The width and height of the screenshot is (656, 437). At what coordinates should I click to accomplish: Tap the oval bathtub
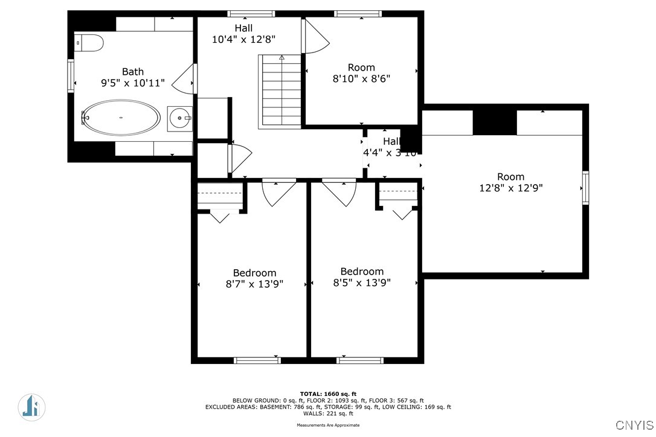tap(121, 118)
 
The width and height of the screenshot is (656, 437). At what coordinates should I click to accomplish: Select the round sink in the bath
tap(179, 118)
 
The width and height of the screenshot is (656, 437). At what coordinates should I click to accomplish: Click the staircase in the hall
tap(280, 91)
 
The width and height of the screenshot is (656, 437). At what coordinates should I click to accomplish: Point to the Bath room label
tap(133, 72)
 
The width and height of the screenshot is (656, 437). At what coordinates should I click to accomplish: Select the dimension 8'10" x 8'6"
tap(361, 78)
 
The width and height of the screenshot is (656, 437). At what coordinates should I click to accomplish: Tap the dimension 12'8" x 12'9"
tap(510, 188)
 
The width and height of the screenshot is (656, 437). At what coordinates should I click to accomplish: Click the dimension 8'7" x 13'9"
tap(254, 284)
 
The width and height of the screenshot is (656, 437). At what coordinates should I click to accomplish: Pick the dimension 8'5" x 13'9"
tap(362, 282)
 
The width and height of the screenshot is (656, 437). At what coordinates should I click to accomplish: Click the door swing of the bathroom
tap(184, 78)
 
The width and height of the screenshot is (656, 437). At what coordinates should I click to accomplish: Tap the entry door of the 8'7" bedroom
tap(278, 191)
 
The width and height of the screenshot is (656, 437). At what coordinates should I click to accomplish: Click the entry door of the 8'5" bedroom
tap(339, 191)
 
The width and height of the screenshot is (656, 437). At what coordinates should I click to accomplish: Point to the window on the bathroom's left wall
tap(71, 76)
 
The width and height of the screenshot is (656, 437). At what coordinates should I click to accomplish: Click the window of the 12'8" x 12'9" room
tap(585, 188)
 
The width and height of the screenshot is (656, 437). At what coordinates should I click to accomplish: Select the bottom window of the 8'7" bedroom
tap(257, 360)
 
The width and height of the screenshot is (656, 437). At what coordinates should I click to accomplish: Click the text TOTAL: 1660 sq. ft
tap(328, 394)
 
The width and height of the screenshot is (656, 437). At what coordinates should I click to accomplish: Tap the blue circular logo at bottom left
tap(31, 407)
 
